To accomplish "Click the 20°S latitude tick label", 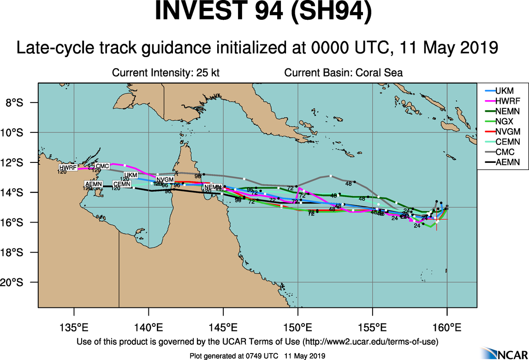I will pos(20,282).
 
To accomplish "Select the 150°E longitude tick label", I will pos(298,329).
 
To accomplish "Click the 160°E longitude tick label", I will pos(447,329).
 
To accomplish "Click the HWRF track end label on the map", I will pos(68,168).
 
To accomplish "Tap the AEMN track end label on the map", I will pos(94,184).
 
